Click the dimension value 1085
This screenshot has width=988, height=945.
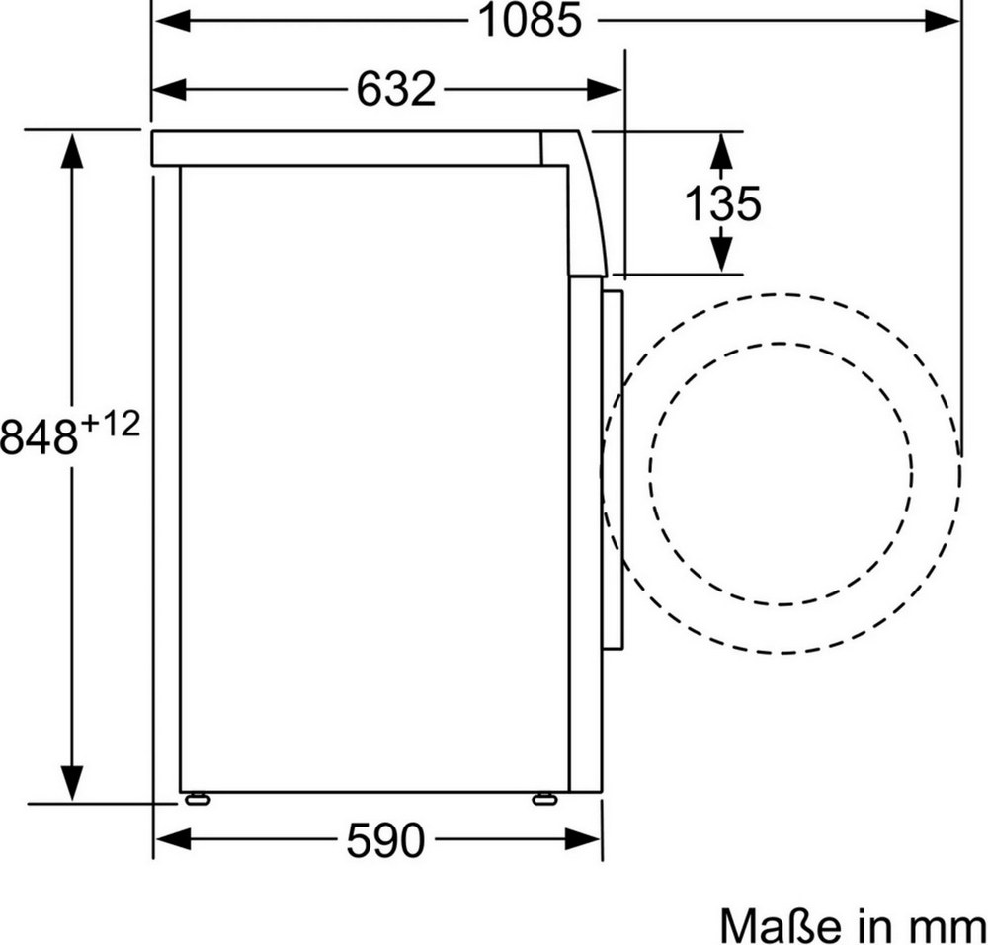(x=531, y=20)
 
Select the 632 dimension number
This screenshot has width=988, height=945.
(x=396, y=89)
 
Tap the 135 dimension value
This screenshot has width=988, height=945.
(x=723, y=203)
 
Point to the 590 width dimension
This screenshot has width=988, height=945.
(x=385, y=840)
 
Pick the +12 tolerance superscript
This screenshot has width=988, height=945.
(x=111, y=425)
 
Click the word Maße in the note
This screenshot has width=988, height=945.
(x=781, y=925)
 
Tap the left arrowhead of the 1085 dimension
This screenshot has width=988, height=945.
(x=172, y=21)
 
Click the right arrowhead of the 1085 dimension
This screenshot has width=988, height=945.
(x=942, y=21)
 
